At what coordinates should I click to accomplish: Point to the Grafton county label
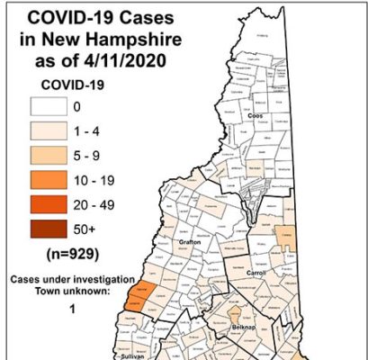point(190,267)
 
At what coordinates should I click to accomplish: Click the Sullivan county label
point(131,356)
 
